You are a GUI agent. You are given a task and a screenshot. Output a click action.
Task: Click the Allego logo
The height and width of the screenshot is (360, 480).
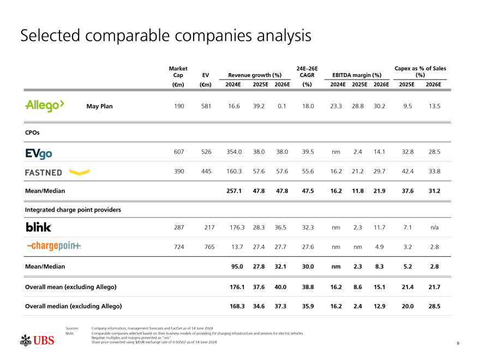(45, 106)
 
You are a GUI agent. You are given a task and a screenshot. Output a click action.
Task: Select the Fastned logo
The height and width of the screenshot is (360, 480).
(57, 172)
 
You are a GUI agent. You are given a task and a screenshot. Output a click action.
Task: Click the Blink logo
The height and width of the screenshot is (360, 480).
(38, 227)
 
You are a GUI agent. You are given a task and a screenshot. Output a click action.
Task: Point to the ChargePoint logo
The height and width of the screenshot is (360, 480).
(53, 246)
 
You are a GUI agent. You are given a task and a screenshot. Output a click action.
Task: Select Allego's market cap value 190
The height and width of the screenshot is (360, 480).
(178, 106)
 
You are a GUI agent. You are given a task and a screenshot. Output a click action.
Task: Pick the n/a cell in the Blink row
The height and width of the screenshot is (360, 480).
(435, 227)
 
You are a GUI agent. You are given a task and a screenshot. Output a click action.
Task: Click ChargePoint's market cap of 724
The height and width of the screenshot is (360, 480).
(178, 246)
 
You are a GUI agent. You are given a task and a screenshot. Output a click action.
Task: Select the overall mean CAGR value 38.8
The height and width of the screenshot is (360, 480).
(308, 287)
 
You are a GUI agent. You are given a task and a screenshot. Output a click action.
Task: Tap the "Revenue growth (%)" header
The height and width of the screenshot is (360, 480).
(255, 75)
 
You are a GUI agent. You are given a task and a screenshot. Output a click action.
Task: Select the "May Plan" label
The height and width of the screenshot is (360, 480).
(99, 106)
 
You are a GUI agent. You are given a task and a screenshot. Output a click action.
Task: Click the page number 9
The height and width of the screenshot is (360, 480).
(458, 343)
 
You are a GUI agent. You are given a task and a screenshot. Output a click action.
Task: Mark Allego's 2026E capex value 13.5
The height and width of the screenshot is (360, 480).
(435, 106)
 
